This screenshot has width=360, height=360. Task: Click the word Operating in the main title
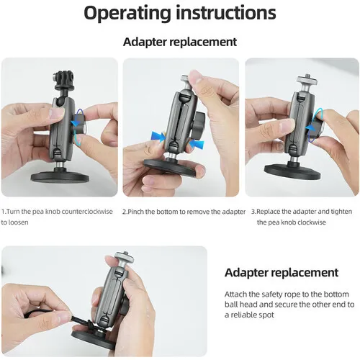[x=127, y=14]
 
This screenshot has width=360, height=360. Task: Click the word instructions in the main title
[x=226, y=12]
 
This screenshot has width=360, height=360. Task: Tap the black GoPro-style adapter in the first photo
[x=63, y=81]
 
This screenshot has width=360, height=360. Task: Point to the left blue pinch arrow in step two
[x=158, y=137]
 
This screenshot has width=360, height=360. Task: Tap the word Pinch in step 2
[x=136, y=212]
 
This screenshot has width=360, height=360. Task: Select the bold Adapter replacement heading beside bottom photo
[x=282, y=273]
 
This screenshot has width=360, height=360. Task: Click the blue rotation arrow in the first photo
[x=78, y=125]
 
